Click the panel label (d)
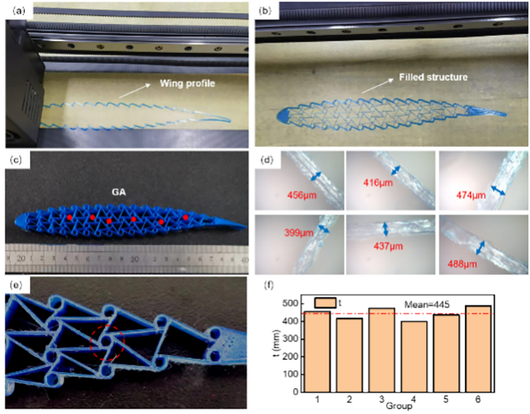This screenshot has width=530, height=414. (268, 161)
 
